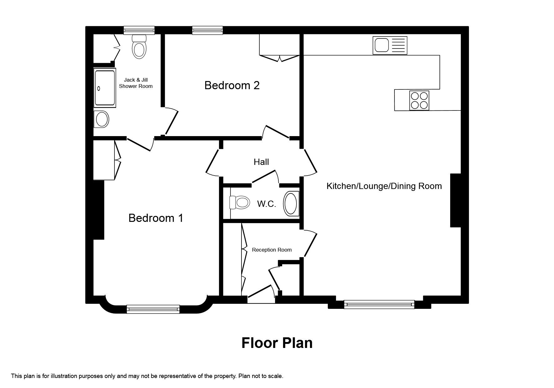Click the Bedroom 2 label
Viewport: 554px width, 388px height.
pos(232,85)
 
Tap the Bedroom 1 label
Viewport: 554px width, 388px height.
pos(156,218)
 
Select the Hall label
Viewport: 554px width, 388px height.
pos(261,162)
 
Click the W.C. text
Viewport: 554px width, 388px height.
pos(267,204)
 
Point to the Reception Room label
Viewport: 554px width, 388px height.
pos(272,250)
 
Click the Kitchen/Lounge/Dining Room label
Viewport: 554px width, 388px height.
pos(384,186)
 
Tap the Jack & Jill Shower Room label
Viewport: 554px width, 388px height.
pos(136,83)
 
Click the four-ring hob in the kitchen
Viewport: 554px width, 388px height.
pos(419,100)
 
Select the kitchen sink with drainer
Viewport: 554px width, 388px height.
pos(390,45)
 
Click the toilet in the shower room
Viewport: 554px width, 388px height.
pos(139,47)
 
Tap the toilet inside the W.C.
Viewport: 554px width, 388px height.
pos(239,202)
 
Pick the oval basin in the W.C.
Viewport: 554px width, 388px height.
pos(291,203)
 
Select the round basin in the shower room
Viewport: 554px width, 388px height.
pos(102,119)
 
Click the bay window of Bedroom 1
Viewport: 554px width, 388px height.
pos(153,309)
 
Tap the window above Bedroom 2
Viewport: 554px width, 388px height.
pos(207,30)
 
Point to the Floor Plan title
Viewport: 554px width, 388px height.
pos(277,343)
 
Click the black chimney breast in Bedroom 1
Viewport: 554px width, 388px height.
pos(99,210)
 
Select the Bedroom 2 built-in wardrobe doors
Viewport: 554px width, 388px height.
pos(279,58)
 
